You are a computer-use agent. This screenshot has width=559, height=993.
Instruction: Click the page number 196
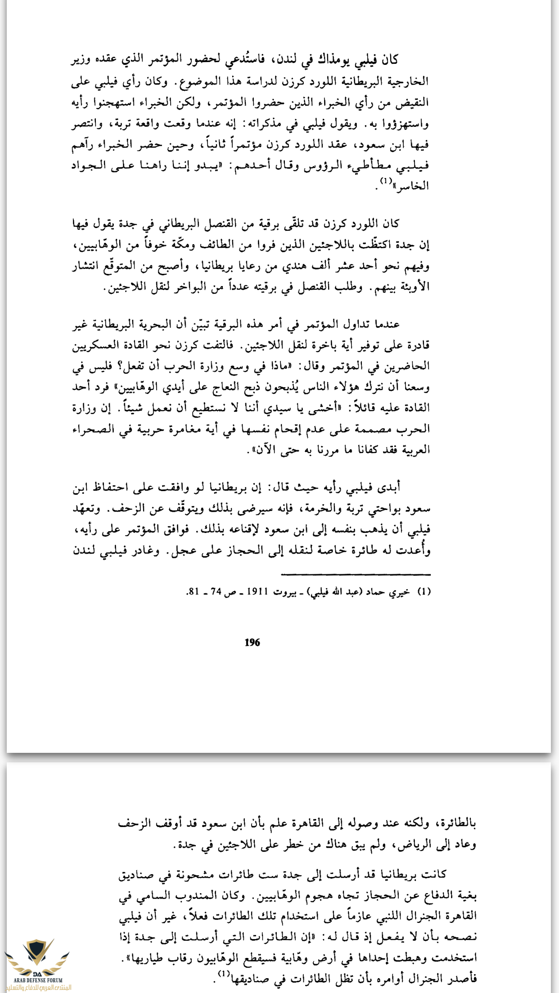pos(252,642)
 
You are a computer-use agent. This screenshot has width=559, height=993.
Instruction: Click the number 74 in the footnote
pos(216,592)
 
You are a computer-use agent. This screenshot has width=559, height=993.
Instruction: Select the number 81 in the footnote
pos(193,592)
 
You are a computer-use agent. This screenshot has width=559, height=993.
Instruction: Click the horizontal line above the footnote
pos(356,575)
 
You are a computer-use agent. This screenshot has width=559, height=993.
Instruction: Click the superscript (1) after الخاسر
pos(386,181)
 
